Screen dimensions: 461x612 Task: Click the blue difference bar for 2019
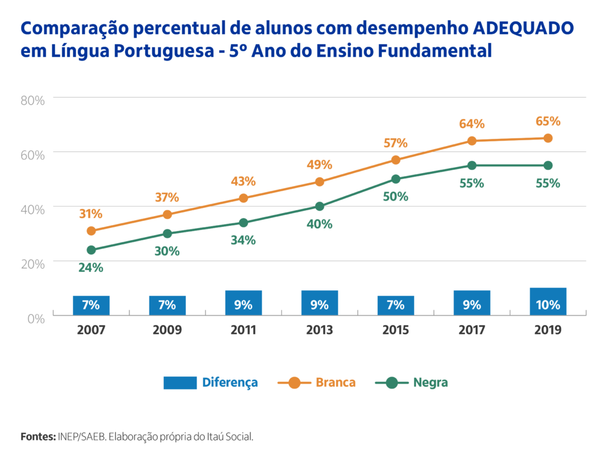click(x=547, y=302)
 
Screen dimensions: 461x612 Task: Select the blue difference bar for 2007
click(x=91, y=305)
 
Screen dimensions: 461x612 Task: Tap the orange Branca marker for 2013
click(x=319, y=182)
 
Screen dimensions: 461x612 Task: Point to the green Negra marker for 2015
click(x=396, y=179)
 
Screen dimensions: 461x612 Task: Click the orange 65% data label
click(x=547, y=122)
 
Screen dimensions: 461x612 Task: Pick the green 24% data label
click(x=91, y=268)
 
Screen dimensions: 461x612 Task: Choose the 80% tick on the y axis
click(x=33, y=101)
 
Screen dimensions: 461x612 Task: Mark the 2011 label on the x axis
click(x=243, y=330)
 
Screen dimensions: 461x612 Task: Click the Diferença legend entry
click(x=210, y=383)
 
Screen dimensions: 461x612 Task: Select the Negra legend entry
click(x=412, y=383)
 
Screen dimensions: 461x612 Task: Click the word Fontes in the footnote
click(x=38, y=436)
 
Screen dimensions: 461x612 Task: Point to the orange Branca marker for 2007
click(x=91, y=231)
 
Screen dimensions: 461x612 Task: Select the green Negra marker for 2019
click(x=547, y=165)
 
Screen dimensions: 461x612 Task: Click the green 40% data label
click(x=319, y=225)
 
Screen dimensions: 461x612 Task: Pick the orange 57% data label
click(x=396, y=143)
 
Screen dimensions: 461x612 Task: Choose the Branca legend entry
click(x=317, y=383)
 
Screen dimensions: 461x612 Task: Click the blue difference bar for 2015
click(x=396, y=305)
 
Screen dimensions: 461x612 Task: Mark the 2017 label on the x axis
click(x=472, y=330)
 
